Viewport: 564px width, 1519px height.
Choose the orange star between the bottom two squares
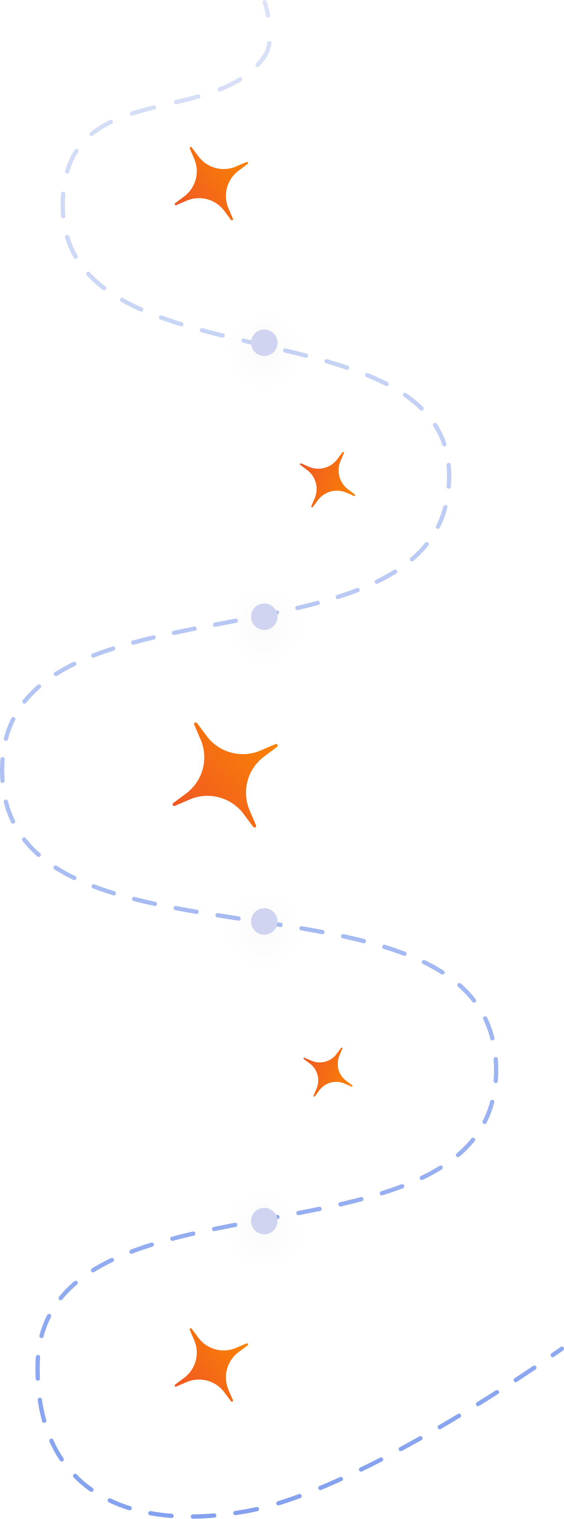click(x=327, y=1071)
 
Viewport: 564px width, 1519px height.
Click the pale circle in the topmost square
click(x=264, y=343)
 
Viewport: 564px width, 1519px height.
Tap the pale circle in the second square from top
click(x=264, y=617)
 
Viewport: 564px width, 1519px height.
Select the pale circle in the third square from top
click(x=264, y=921)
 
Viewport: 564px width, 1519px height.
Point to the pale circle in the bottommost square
click(x=264, y=1221)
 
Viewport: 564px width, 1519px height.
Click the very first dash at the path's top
click(x=266, y=8)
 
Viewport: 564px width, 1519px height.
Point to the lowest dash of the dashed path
click(x=204, y=1516)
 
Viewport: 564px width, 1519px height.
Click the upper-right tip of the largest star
click(x=276, y=745)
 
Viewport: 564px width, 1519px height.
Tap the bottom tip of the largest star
click(x=255, y=826)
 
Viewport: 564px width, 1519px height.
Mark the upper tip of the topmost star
click(x=190, y=149)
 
